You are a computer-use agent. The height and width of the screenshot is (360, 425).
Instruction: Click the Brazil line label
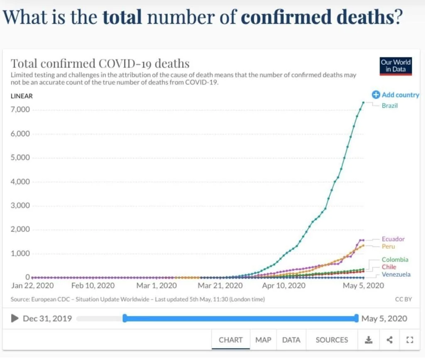[x=390, y=106]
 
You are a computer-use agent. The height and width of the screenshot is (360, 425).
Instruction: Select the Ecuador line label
[x=393, y=239]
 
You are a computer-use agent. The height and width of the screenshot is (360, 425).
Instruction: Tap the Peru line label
[x=388, y=246]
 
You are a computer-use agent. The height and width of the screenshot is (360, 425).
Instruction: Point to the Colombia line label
[x=395, y=260]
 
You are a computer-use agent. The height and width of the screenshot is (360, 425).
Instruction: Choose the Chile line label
[x=389, y=267]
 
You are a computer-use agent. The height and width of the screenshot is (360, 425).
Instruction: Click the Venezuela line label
[x=396, y=274]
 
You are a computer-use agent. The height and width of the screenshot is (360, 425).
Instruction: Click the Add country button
[x=396, y=95]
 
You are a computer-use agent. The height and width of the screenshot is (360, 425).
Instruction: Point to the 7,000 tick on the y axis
[x=20, y=110]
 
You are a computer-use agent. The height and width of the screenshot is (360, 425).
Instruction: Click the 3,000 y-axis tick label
[x=20, y=206]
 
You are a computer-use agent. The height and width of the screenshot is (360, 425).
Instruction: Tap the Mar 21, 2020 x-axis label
[x=220, y=286]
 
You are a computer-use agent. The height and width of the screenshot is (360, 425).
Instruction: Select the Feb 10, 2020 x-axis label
[x=93, y=286]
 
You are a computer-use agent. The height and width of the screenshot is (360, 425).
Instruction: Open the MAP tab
[x=263, y=340]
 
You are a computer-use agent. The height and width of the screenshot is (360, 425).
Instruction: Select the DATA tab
[x=291, y=340]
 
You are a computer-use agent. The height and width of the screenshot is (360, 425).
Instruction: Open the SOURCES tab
[x=332, y=340]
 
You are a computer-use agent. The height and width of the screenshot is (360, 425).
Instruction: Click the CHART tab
[x=231, y=340]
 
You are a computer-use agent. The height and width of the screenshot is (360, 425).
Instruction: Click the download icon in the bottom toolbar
[x=368, y=340]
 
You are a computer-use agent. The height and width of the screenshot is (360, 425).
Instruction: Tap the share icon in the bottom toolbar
[x=389, y=340]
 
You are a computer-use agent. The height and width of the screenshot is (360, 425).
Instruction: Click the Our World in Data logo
[x=396, y=66]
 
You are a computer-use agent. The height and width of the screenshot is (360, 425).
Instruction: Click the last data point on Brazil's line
[x=363, y=102]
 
